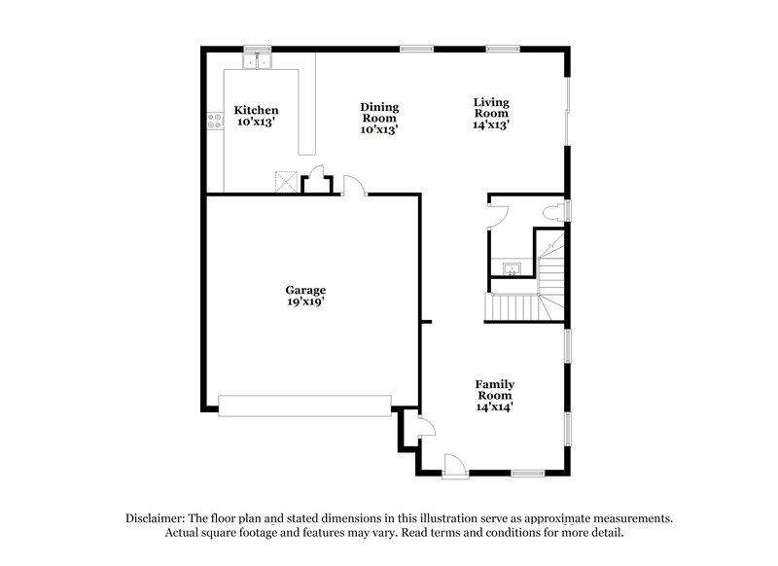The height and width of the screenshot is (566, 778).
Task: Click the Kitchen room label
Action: pyautogui.click(x=257, y=111)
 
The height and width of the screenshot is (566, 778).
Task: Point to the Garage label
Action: pyautogui.click(x=304, y=290)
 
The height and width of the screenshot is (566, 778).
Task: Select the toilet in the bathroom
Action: pyautogui.click(x=553, y=211)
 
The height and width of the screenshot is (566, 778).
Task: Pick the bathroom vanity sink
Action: pyautogui.click(x=512, y=267)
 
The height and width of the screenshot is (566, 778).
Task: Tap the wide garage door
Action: pyautogui.click(x=304, y=406)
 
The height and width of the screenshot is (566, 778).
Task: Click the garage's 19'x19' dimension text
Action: pyautogui.click(x=304, y=301)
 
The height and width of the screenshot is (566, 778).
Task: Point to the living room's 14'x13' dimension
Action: pyautogui.click(x=492, y=124)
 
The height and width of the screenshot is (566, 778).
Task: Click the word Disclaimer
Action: pyautogui.click(x=159, y=518)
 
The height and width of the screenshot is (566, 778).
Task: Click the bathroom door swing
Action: pyautogui.click(x=496, y=214)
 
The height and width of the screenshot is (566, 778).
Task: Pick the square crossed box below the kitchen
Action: pyautogui.click(x=286, y=182)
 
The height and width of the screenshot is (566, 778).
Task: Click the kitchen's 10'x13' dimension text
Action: pyautogui.click(x=257, y=124)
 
